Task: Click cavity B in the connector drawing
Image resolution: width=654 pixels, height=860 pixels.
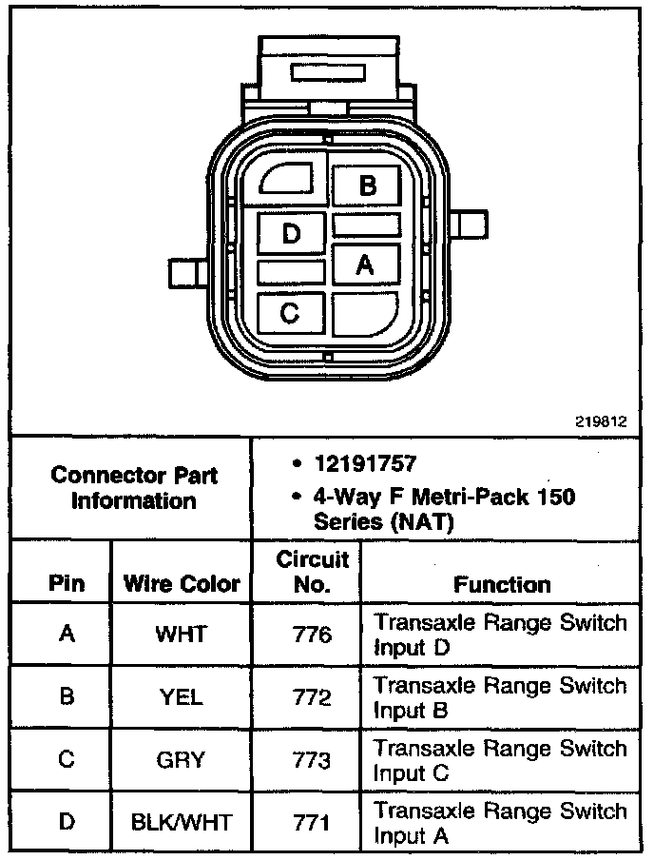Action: (x=367, y=186)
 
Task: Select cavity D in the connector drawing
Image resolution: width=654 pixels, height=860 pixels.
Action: (x=291, y=233)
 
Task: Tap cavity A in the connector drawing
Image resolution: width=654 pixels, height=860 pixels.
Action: (x=364, y=265)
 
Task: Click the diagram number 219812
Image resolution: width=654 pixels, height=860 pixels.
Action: (x=601, y=420)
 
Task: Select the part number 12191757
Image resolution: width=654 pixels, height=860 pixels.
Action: (x=365, y=465)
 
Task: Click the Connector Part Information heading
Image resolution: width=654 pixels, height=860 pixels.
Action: (x=133, y=487)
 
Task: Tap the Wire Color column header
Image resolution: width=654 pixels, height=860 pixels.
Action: (x=182, y=583)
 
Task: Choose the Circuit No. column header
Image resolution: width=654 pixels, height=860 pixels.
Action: (x=313, y=571)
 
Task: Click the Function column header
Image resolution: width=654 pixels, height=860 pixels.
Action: (x=501, y=583)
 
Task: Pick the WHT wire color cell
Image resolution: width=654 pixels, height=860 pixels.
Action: (x=181, y=635)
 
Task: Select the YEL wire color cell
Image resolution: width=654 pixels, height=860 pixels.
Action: (x=181, y=697)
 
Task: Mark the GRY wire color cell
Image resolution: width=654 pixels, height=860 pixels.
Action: (x=181, y=760)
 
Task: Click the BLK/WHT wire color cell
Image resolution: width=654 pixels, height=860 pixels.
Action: (x=181, y=823)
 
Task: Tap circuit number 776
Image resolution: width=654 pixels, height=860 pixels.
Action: (x=312, y=635)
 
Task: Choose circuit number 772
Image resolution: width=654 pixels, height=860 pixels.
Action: (x=312, y=697)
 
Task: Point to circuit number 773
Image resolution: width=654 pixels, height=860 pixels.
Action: (x=312, y=760)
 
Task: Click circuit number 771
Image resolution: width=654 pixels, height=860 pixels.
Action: (x=312, y=823)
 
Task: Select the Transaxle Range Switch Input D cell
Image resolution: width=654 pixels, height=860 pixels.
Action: (x=500, y=635)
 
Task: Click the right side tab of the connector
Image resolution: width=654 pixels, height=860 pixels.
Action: (x=468, y=226)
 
